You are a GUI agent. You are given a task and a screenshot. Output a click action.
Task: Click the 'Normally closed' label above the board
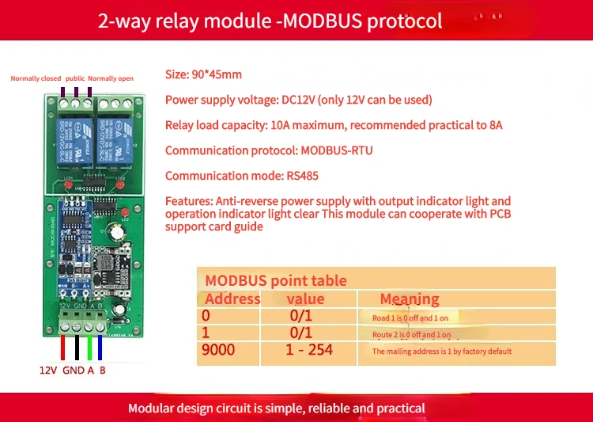coord(35,78)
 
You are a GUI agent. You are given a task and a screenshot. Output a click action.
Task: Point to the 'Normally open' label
coord(111,78)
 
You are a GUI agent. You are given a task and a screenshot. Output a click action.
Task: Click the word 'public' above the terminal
coord(74,78)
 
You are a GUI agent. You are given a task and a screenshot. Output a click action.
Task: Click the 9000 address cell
coord(218,350)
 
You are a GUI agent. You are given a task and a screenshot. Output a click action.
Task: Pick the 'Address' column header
coord(232,298)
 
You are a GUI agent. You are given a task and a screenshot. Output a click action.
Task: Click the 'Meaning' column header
coord(410,298)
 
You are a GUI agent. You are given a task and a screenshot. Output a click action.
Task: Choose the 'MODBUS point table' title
coord(275,280)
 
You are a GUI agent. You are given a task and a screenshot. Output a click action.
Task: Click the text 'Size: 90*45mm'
coord(203,75)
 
